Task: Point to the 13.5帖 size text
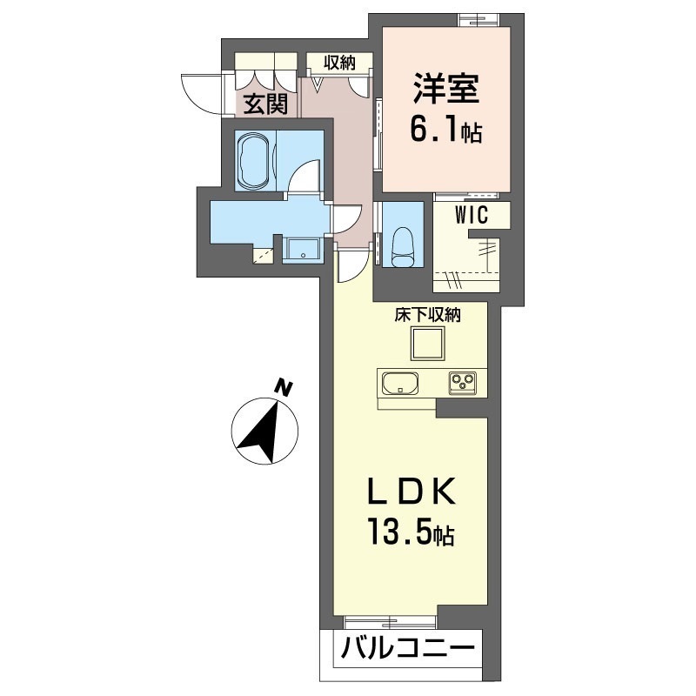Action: pos(409,532)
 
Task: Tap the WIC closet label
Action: pos(469,214)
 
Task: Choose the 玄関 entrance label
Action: pos(265,104)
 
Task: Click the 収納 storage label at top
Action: pos(340,62)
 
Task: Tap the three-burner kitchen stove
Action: pos(462,382)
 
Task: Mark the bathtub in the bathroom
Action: pos(254,160)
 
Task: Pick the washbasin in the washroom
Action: pos(303,250)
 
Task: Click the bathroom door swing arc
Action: pos(305,179)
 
